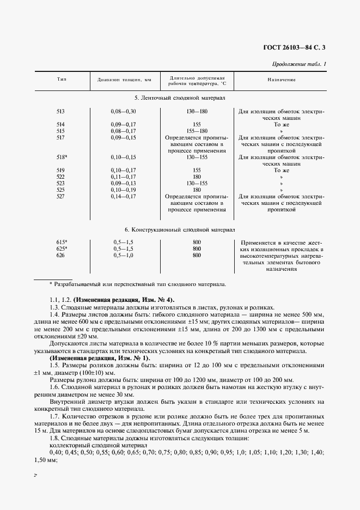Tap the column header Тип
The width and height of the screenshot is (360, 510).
pos(62,80)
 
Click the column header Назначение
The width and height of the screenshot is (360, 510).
pos(281,80)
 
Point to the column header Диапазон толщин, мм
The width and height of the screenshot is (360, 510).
pos(124,80)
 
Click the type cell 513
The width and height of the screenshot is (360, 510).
pos(60,111)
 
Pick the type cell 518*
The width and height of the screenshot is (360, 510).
pos(61,157)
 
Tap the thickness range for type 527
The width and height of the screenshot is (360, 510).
pos(123,196)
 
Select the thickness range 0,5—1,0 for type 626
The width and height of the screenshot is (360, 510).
pos(123,255)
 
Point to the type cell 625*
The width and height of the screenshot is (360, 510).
pos(61,248)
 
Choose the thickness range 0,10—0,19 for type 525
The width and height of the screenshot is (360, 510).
pos(123,190)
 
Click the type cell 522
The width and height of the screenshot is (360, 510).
pos(60,177)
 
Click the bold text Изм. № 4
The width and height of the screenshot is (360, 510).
pos(158,300)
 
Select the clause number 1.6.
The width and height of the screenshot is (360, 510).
pos(53,386)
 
